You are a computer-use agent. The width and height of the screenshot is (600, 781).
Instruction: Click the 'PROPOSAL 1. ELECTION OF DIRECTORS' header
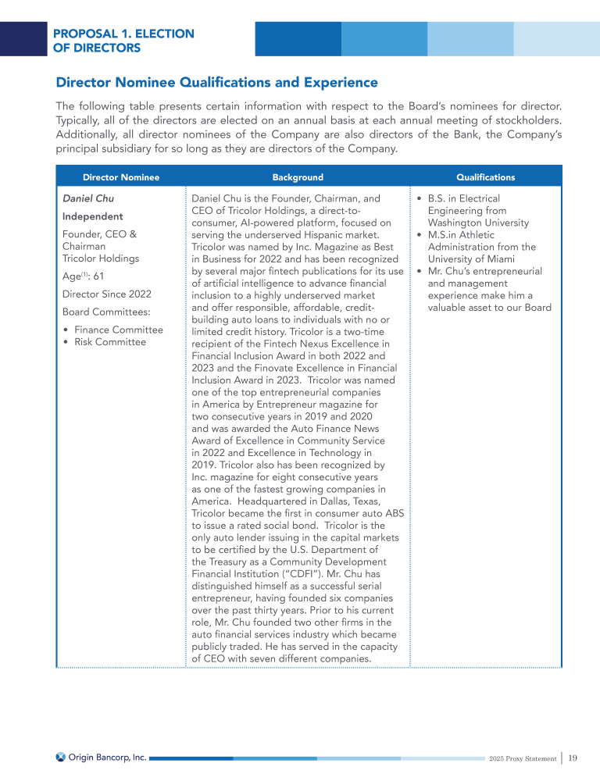[123, 41]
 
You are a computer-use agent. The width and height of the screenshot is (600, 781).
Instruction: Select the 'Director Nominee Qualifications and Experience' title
[216, 83]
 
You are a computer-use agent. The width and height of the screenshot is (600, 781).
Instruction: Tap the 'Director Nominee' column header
[120, 177]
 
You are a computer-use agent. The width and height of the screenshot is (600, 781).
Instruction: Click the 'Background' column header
[297, 177]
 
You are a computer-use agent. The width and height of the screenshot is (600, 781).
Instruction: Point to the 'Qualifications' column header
[485, 177]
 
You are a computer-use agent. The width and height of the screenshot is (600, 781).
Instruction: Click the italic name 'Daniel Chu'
[87, 198]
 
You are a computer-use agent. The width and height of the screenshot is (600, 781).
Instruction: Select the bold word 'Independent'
[92, 216]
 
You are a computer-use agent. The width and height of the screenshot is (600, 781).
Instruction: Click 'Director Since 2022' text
[106, 294]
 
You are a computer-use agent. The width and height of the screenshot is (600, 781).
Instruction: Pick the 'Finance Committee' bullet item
[118, 330]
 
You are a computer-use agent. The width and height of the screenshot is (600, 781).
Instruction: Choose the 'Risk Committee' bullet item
[109, 342]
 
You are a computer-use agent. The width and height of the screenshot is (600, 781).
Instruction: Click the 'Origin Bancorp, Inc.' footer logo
[101, 757]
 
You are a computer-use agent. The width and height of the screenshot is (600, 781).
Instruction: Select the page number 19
[573, 758]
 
